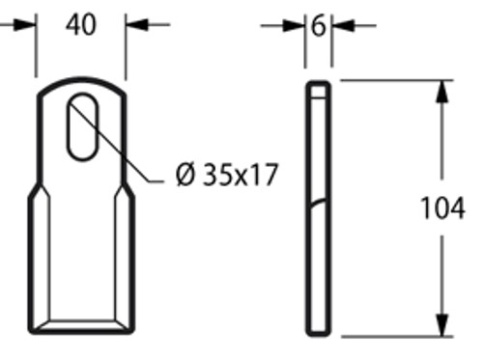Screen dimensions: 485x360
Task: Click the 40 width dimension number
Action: pyautogui.click(x=81, y=25)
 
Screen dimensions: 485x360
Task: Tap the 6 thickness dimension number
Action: pyautogui.click(x=318, y=26)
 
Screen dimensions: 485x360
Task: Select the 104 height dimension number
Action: pyautogui.click(x=442, y=208)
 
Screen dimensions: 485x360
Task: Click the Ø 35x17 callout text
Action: pyautogui.click(x=227, y=175)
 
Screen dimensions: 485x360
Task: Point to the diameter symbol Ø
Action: pyautogui.click(x=185, y=175)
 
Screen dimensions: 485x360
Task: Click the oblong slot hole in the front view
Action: pyautogui.click(x=82, y=126)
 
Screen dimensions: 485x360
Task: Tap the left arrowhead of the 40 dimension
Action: pyautogui.click(x=25, y=25)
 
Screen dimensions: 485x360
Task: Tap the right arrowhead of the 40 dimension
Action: pyautogui.click(x=137, y=24)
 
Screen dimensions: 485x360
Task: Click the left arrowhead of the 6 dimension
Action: pyautogui.click(x=294, y=26)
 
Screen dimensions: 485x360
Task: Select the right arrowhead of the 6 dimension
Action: pyautogui.click(x=343, y=26)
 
